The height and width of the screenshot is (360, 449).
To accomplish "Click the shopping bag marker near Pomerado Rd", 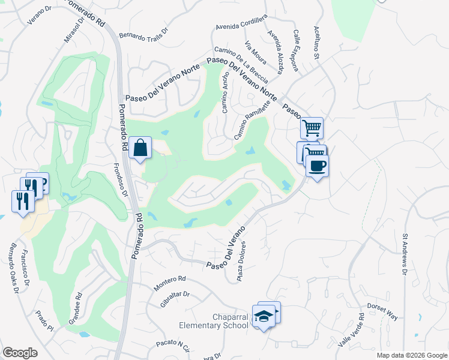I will [x=140, y=148].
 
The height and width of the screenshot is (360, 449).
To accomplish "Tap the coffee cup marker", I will [x=317, y=166].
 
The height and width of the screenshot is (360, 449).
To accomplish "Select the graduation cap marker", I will [x=264, y=316].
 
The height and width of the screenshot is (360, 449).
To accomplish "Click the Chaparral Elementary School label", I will [x=214, y=321].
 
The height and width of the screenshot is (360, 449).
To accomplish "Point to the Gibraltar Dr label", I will [x=176, y=300].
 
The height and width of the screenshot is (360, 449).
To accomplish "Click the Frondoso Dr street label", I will [x=121, y=181].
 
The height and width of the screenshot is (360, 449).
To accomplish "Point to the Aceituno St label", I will [x=316, y=43].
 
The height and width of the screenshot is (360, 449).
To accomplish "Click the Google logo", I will [x=20, y=352].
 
